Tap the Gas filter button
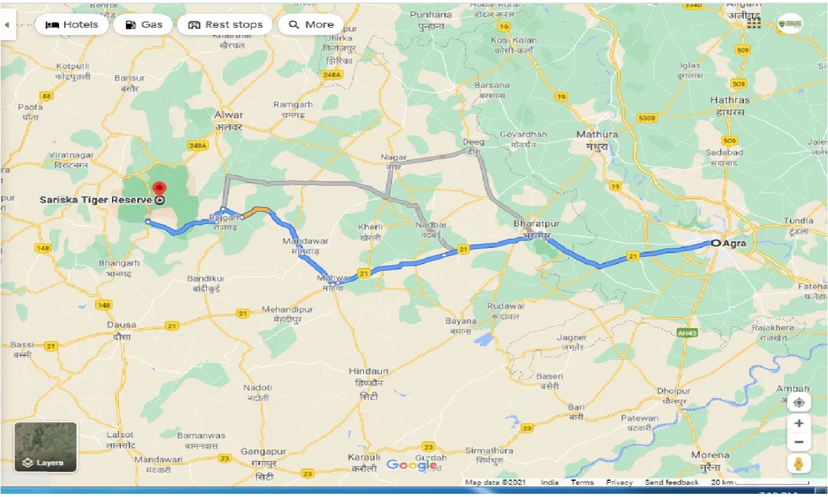click(143, 25)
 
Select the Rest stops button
click(225, 25)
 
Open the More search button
click(310, 25)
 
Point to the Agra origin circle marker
click(715, 243)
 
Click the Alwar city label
click(228, 115)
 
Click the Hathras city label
click(729, 100)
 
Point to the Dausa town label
click(122, 325)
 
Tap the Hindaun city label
click(368, 371)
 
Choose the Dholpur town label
click(673, 391)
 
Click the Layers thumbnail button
click(46, 447)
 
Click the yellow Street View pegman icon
click(799, 463)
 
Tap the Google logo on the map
click(411, 465)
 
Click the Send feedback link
click(671, 483)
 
